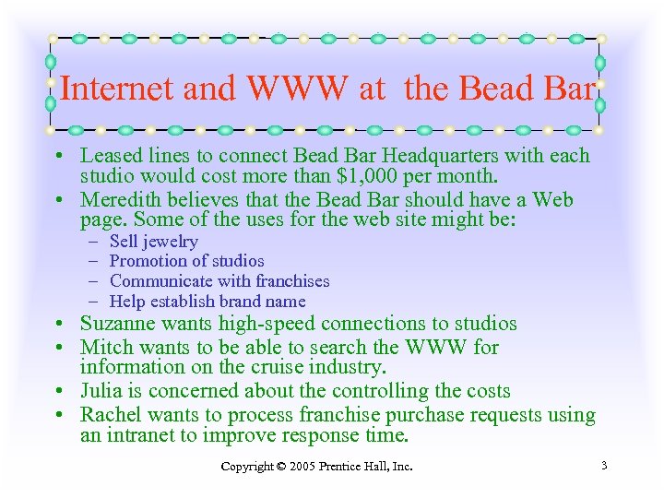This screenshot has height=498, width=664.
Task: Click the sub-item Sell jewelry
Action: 153,242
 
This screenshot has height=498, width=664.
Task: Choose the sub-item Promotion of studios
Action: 186,261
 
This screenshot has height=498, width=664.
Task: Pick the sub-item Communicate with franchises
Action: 219,281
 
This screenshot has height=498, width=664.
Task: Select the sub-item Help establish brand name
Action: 207,302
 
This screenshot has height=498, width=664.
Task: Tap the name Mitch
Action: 105,348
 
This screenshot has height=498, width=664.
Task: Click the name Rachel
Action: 111,415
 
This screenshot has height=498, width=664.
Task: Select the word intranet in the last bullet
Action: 140,435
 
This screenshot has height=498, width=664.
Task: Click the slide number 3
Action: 603,466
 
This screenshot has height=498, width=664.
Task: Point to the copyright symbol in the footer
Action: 279,467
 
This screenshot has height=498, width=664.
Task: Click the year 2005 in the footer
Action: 302,467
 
